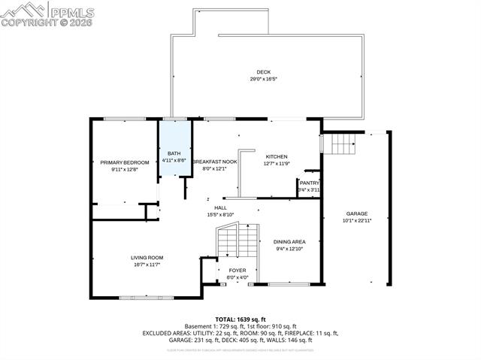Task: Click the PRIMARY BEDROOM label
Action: pos(125,162)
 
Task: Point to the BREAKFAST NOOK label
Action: pos(215,162)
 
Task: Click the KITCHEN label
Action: pos(277,156)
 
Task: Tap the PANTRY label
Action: pos(309,183)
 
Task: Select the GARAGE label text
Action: pos(357,213)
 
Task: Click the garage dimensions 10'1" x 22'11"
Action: pos(357,220)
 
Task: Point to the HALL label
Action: pos(220,207)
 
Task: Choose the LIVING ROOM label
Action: pos(147,258)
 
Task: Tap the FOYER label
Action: pos(237,271)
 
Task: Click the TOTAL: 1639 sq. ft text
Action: pos(240,319)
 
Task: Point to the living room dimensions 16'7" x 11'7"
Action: pos(147,265)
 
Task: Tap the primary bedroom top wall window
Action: pos(125,119)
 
